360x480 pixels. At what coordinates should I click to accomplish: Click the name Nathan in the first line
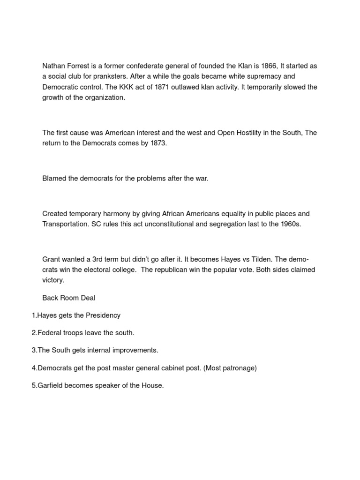[53, 66]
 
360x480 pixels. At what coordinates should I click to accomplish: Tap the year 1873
[156, 143]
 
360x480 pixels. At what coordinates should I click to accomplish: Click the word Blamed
[54, 179]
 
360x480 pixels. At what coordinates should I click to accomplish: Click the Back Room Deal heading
[69, 298]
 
